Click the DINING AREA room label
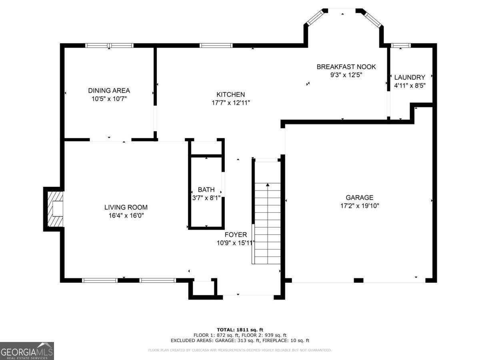pos(109,90)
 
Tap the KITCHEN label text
pos(230,94)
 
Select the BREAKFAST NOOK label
pos(346,67)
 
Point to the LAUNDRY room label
pos(410,77)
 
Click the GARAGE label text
pos(359,197)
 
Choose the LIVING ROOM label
pos(126,207)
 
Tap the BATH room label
pos(206,190)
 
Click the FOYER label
pos(236,234)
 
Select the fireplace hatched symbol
pos(55,209)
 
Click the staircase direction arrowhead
pos(268,185)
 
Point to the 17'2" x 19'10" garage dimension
pos(360,206)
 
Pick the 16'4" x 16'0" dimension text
pos(126,216)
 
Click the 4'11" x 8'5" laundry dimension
pos(410,86)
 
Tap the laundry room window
pos(401,46)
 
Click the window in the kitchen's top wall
pos(216,46)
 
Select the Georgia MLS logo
pos(27,351)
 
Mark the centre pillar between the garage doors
pos(358,280)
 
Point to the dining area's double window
pos(109,46)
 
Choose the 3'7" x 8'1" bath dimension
pos(206,198)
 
